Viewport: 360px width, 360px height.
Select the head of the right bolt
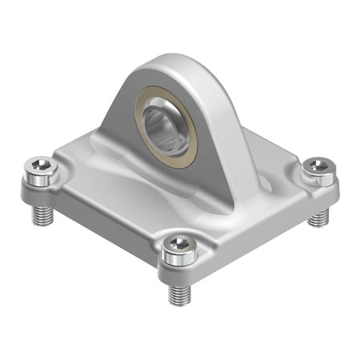click(x=318, y=169)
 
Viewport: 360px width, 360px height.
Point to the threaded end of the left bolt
click(x=41, y=215)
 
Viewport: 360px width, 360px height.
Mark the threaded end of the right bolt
click(x=318, y=217)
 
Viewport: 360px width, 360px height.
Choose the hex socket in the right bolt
click(x=318, y=166)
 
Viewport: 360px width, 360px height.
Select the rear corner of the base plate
click(x=264, y=120)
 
